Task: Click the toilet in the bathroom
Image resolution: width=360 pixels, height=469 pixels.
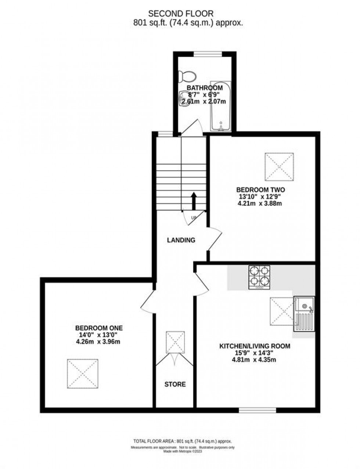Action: (187, 77)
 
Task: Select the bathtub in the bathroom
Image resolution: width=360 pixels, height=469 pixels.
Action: (220, 106)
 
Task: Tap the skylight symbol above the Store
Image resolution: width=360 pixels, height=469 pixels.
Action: (175, 342)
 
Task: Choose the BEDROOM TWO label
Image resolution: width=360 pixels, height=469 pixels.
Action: (260, 190)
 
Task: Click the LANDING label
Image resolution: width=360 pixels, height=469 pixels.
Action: (181, 240)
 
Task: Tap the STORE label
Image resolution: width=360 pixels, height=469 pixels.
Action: (175, 385)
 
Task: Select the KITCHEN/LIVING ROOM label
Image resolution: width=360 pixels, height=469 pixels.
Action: (255, 346)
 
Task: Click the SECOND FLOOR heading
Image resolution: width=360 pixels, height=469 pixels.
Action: (180, 14)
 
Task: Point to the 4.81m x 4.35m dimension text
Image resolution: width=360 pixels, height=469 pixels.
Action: (254, 360)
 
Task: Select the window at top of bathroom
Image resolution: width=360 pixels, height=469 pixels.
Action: (208, 54)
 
